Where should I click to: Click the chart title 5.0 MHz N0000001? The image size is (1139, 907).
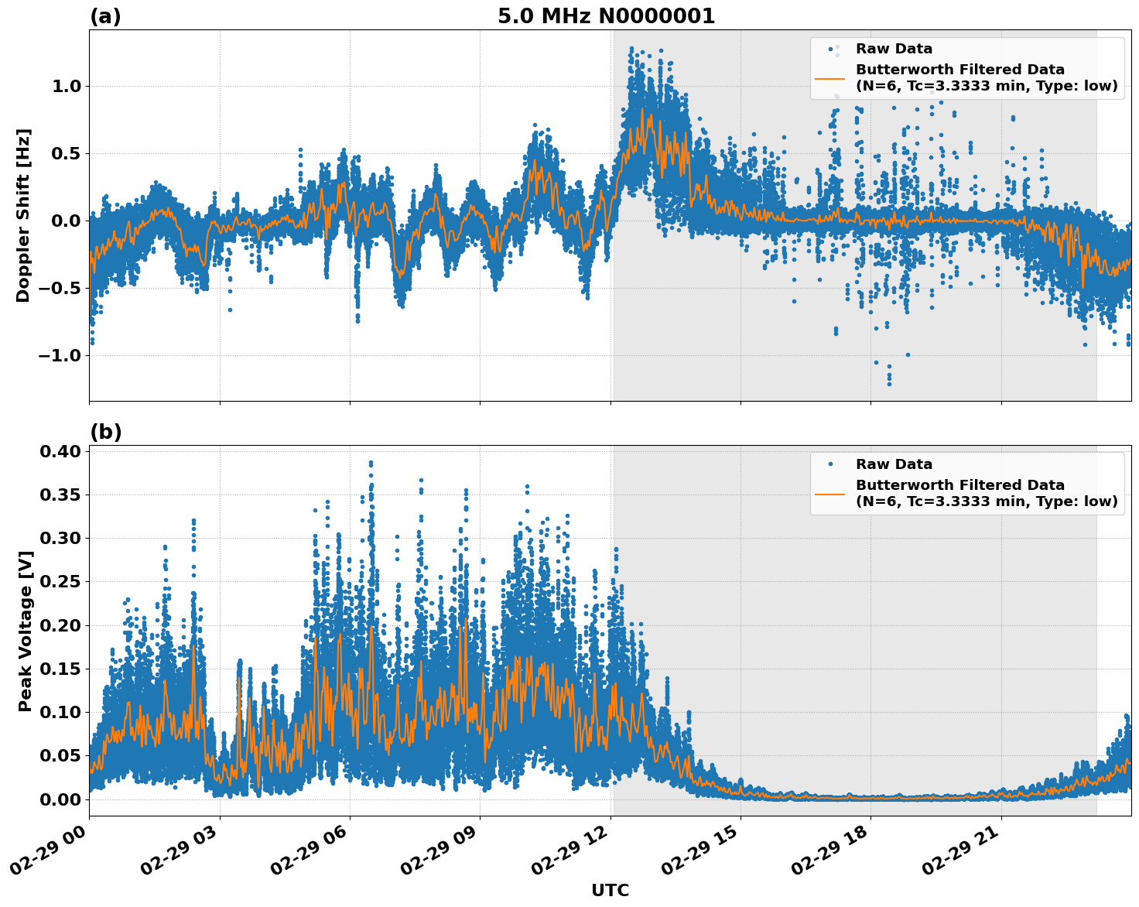[606, 16]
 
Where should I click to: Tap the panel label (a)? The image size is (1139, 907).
[105, 16]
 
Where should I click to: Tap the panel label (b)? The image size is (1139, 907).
[105, 432]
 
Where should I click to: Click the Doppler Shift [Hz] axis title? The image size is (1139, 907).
[23, 215]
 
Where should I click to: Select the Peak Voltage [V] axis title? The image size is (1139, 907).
[25, 631]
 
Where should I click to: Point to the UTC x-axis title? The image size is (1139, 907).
[610, 891]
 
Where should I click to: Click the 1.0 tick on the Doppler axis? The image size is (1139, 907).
[67, 86]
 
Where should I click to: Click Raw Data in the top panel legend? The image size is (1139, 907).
[894, 49]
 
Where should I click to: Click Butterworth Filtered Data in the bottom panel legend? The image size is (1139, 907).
[959, 485]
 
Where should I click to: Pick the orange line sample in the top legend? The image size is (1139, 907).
[829, 78]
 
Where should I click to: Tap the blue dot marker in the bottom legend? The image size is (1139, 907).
[830, 464]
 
